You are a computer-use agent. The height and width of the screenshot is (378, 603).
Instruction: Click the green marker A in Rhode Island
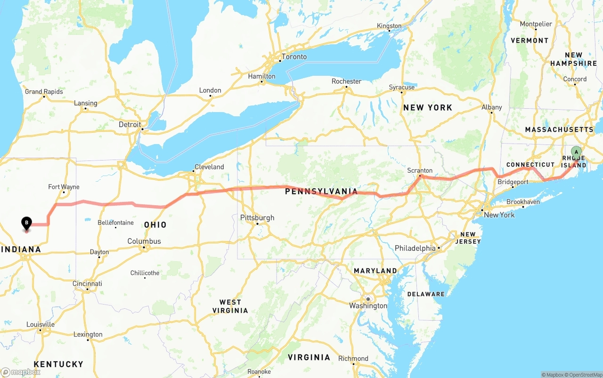[x=576, y=152]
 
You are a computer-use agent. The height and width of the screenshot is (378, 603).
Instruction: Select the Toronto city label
[x=294, y=57]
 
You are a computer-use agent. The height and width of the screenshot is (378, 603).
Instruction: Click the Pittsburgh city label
[x=257, y=218]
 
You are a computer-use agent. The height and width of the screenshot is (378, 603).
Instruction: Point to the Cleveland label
[x=209, y=167]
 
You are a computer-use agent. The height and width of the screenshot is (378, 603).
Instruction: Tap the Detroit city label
[x=130, y=125]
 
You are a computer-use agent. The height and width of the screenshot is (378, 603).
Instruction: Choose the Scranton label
[x=420, y=170]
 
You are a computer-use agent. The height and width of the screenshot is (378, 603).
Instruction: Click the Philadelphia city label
[x=415, y=248]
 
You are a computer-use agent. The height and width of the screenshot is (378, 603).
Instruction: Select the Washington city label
[x=368, y=306]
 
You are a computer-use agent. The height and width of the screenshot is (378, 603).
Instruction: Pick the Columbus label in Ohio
[x=144, y=241]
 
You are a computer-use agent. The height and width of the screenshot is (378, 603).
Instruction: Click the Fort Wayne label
[x=64, y=187]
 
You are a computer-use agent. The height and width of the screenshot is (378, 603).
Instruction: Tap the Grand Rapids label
[x=44, y=92]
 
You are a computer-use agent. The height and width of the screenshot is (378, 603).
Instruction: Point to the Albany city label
[x=492, y=107]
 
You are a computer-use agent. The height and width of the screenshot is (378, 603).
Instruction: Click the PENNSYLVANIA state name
[x=321, y=192]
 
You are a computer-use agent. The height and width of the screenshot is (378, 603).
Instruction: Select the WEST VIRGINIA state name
[x=230, y=306]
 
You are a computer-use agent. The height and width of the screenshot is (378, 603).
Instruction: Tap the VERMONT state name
[x=530, y=40]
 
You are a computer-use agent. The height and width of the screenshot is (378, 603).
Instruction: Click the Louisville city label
[x=41, y=324]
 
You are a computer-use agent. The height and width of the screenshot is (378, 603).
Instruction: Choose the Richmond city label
[x=353, y=358]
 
